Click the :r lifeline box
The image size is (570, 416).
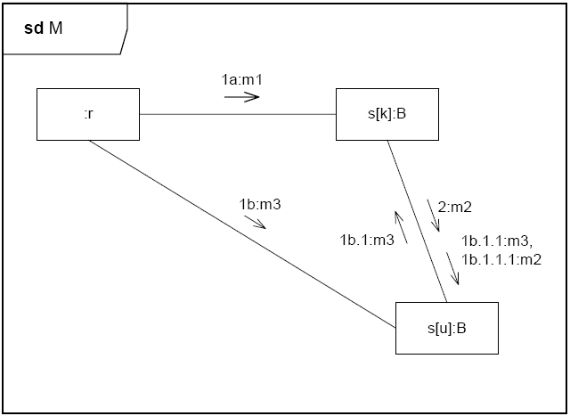click(88, 114)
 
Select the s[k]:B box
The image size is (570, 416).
click(387, 114)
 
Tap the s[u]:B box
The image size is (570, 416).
click(446, 328)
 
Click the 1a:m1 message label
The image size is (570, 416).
click(240, 80)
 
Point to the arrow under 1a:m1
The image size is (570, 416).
click(241, 96)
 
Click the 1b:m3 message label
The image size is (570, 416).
click(259, 204)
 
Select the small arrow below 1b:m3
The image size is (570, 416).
click(256, 221)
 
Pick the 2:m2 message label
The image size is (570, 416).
click(454, 207)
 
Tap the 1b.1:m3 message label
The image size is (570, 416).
click(366, 240)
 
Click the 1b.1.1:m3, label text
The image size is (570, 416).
click(497, 241)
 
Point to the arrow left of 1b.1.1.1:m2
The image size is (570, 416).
click(453, 269)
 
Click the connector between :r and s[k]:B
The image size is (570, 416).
click(237, 114)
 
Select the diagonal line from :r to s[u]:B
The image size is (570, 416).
click(240, 233)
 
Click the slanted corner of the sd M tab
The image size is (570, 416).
click(125, 42)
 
